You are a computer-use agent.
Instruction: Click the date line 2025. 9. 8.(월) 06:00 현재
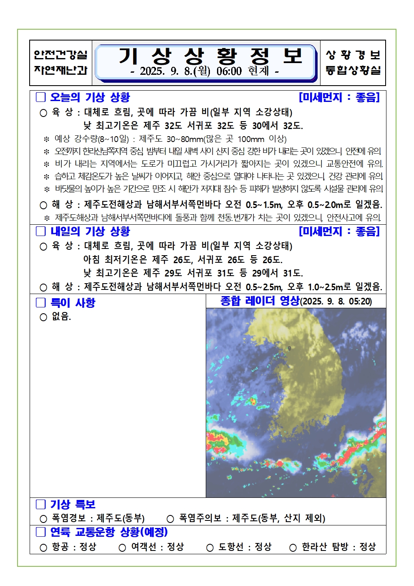coord(204,71)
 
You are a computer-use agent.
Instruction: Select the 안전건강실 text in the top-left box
coord(61,55)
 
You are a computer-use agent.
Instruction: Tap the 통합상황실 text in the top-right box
coord(353,70)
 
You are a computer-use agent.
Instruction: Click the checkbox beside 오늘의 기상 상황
coord(40,97)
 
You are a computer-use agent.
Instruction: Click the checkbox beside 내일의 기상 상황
coord(40,231)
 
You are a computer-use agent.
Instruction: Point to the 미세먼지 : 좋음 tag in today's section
coord(339,97)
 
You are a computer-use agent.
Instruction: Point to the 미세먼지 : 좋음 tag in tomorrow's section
coord(339,231)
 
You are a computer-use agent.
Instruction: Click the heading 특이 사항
coord(73,302)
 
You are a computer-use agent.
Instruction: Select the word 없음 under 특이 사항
coord(61,317)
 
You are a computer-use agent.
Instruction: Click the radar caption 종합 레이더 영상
coord(260,301)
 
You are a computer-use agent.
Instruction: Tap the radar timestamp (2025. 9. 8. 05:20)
coord(336,302)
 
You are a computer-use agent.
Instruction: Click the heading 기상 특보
coord(73,505)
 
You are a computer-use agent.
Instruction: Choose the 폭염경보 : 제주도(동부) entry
coord(98,518)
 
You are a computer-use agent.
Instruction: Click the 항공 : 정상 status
coord(74,547)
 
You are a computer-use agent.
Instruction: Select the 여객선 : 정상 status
coord(157,547)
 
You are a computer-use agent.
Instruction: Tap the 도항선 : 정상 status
coord(245,547)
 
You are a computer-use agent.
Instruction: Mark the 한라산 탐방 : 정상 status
coord(338,547)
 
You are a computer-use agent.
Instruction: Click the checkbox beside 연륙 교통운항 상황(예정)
coord(40,532)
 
